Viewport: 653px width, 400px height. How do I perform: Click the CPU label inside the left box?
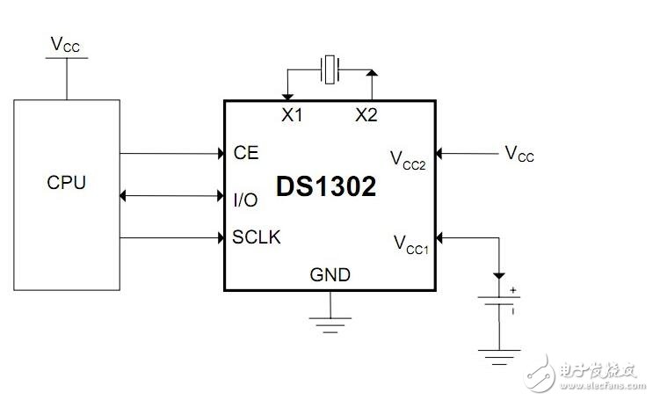point(66,184)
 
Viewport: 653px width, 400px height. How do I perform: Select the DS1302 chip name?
point(326,186)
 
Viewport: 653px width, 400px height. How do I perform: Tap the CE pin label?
point(246,153)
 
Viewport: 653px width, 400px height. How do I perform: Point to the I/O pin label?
point(246,200)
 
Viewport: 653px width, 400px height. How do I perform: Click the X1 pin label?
point(292,115)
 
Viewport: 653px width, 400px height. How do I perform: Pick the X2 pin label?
point(366,115)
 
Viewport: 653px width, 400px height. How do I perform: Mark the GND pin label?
point(330,275)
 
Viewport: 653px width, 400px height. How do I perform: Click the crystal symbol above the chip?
point(330,69)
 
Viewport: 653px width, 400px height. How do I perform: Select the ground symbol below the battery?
point(499,356)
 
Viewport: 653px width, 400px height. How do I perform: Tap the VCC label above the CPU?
point(65,45)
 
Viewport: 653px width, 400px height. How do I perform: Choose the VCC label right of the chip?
point(519,154)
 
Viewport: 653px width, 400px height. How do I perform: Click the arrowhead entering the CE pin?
point(219,154)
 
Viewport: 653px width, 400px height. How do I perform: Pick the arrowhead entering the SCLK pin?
point(219,237)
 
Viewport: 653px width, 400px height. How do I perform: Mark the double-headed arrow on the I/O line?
point(171,195)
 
